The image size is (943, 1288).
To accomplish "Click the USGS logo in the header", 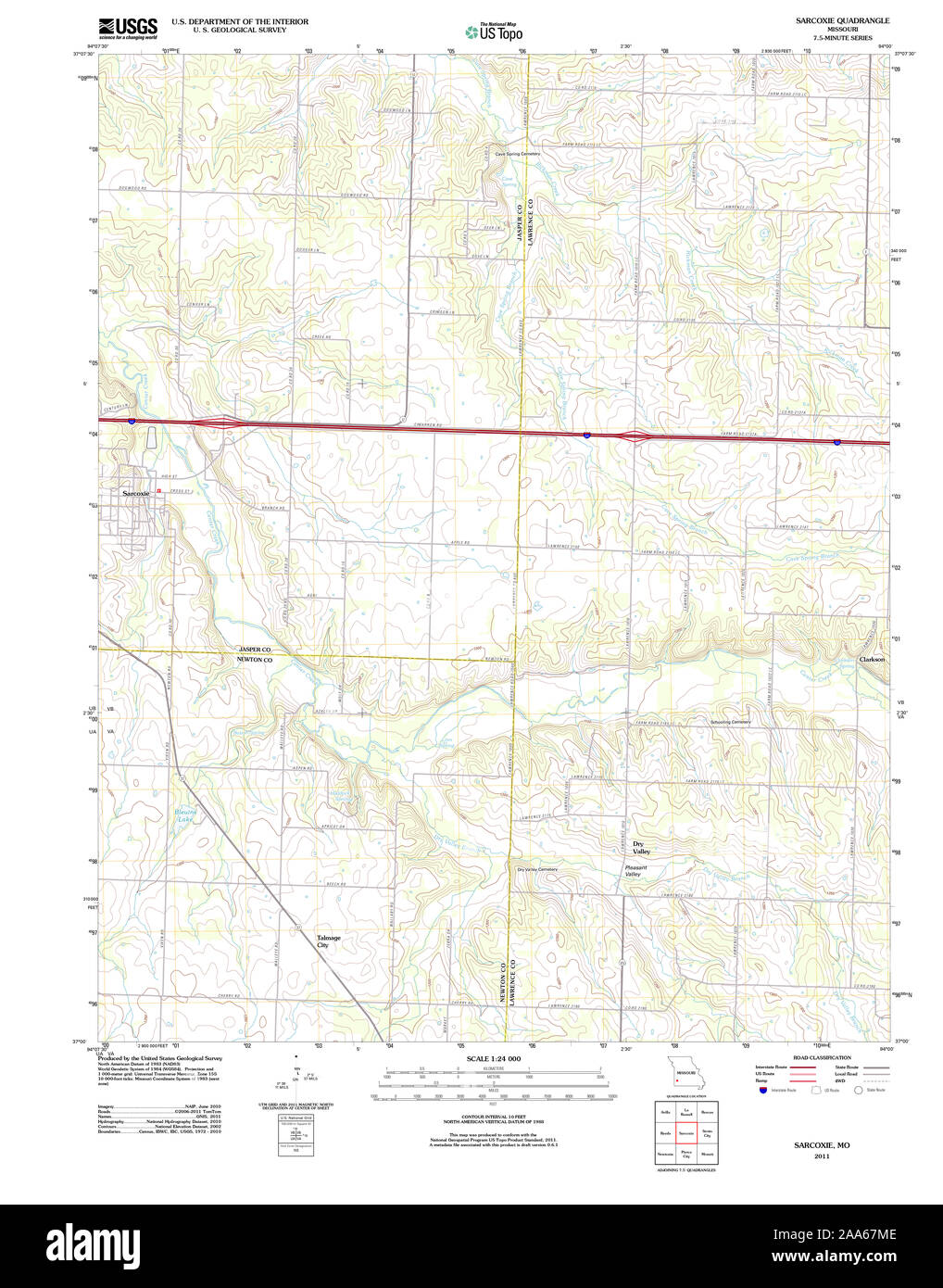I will click(x=128, y=26).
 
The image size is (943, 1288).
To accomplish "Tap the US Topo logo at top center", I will click(x=495, y=32).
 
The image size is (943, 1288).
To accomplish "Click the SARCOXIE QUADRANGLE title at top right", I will click(x=842, y=20).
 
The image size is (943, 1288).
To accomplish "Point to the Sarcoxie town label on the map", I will click(x=136, y=493).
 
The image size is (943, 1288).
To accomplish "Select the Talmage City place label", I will click(x=329, y=941).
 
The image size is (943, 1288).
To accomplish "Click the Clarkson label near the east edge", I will click(x=872, y=660).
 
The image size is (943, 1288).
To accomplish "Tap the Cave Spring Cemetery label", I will click(x=517, y=154).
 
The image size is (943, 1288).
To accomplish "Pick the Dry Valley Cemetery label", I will click(x=537, y=869).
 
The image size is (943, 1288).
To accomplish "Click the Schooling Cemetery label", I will click(x=730, y=722).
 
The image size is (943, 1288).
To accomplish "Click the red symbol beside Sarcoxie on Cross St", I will click(x=159, y=490).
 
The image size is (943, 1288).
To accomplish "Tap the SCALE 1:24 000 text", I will click(x=494, y=1058).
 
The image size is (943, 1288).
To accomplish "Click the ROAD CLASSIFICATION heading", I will click(x=822, y=1057).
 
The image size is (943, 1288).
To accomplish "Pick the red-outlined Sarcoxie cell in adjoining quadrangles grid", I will click(x=686, y=1132).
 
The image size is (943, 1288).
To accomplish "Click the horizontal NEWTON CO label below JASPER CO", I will click(x=256, y=660).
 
